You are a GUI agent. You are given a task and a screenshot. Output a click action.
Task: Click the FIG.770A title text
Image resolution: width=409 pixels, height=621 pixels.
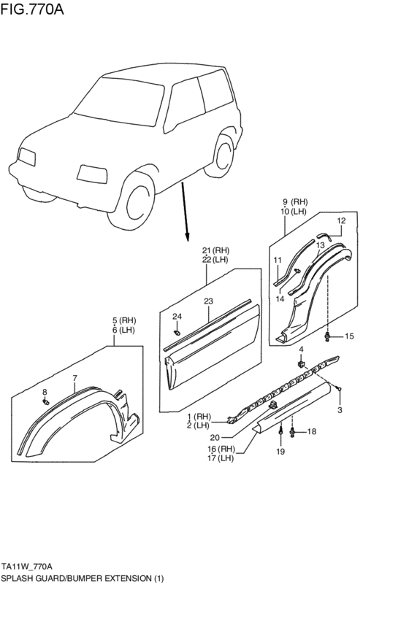click(32, 8)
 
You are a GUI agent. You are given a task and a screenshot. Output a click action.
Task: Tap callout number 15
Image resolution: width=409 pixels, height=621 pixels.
click(349, 336)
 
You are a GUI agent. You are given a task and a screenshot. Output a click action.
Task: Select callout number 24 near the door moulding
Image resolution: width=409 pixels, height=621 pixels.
click(177, 317)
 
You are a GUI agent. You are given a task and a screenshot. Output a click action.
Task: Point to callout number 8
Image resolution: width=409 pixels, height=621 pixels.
click(45, 392)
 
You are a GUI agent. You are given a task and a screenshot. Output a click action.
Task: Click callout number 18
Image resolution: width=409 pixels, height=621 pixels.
click(312, 431)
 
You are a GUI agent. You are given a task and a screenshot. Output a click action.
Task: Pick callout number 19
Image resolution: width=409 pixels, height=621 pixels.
click(280, 452)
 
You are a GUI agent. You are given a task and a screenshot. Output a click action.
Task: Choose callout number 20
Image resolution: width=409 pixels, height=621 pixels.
click(215, 437)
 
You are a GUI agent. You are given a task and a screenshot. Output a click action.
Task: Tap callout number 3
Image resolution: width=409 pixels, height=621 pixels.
click(340, 410)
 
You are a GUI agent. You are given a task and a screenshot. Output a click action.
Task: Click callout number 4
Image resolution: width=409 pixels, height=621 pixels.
click(301, 350)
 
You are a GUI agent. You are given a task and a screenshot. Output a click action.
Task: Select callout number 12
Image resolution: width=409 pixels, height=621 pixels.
click(341, 220)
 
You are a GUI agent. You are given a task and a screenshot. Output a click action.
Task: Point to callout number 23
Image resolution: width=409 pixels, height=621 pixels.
click(208, 301)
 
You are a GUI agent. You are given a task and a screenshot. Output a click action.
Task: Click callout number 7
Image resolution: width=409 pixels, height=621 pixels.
click(74, 378)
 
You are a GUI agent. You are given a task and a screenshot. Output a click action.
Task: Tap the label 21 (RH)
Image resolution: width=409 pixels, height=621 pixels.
click(215, 250)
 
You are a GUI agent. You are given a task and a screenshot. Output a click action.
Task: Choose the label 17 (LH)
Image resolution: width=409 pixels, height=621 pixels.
click(221, 458)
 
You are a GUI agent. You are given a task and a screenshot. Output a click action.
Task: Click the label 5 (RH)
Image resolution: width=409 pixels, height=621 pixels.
click(123, 320)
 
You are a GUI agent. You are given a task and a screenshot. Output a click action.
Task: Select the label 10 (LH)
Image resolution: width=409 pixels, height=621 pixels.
click(294, 212)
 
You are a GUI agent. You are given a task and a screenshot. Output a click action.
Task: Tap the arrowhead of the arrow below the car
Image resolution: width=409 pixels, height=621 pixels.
click(187, 237)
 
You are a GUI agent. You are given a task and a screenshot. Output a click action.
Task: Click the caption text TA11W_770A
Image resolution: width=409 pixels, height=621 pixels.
click(27, 566)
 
